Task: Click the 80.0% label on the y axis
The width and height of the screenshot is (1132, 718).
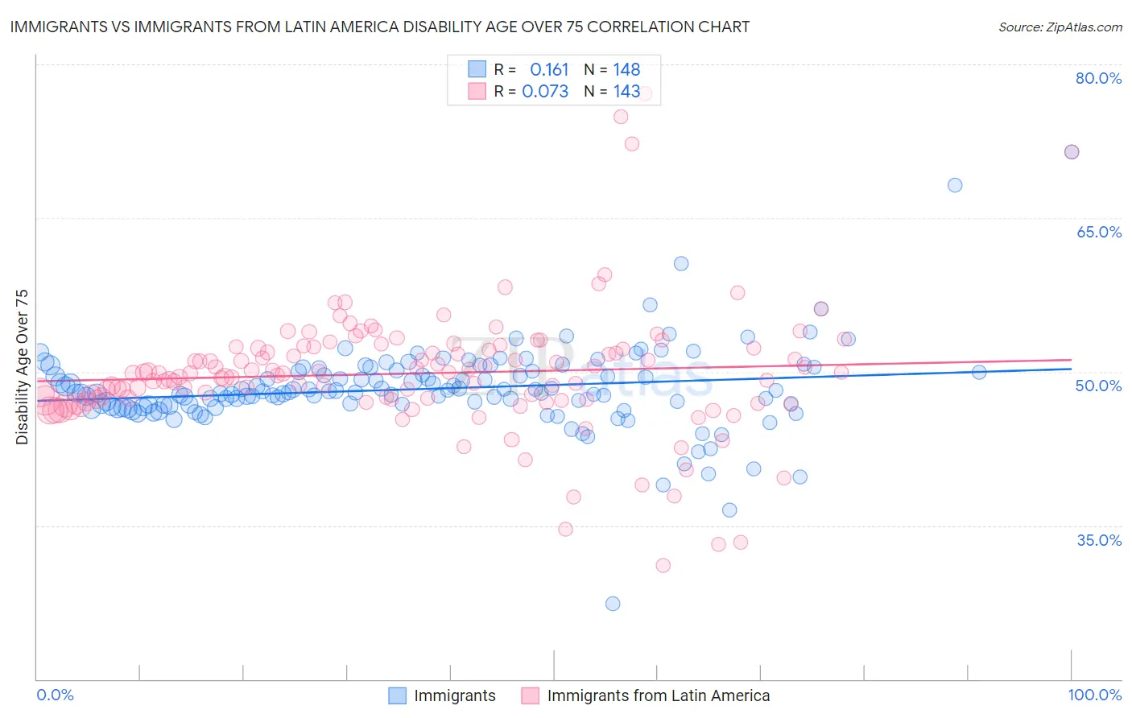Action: point(1098,78)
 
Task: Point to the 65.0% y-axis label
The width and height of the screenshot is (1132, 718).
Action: point(1098,232)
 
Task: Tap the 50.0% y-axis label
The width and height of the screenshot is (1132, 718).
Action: point(1098,386)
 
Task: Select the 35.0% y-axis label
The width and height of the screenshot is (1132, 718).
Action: point(1098,540)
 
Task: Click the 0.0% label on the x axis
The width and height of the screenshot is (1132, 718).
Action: point(55,695)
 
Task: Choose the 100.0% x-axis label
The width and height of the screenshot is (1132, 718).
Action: point(1094,695)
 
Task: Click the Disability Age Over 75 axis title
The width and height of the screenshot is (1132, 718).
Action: point(23,367)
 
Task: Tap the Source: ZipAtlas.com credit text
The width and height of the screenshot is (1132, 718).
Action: point(1060,27)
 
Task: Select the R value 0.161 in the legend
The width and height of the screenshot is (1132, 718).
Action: point(549,70)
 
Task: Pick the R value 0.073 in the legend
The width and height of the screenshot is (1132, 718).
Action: point(545,92)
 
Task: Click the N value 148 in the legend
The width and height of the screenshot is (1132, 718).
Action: point(626,70)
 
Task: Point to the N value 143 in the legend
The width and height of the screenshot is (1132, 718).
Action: point(626,92)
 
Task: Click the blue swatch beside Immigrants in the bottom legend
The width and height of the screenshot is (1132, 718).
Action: point(397,695)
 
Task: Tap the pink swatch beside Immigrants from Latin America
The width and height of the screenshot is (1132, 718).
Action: point(530,695)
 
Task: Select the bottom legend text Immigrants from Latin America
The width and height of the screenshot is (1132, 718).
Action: point(658,695)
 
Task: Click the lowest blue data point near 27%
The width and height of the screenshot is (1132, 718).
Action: point(613,604)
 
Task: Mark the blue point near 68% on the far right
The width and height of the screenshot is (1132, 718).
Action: point(955,185)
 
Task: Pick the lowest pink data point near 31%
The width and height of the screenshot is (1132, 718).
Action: point(663,565)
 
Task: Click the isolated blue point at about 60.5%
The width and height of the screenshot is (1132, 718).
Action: point(681,263)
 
